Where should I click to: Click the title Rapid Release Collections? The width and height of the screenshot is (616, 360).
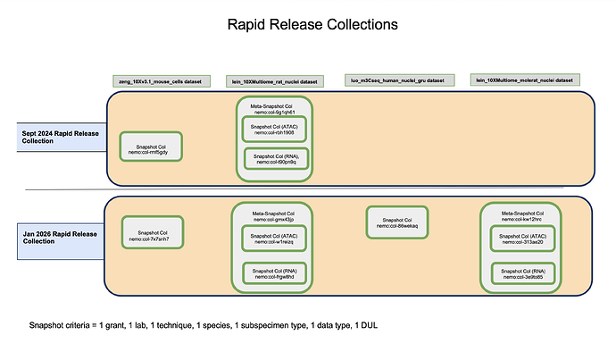(308, 24)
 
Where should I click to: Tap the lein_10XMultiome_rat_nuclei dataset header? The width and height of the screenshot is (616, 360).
(272, 81)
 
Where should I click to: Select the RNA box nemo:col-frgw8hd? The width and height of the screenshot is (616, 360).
(274, 272)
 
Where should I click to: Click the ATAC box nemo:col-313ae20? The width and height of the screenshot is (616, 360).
(523, 239)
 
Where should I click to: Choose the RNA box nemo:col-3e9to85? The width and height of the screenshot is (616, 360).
(523, 272)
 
